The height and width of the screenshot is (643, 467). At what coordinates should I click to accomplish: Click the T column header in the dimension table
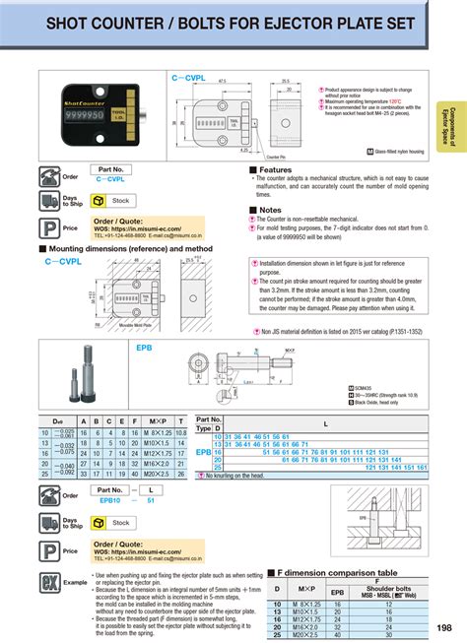click(x=182, y=421)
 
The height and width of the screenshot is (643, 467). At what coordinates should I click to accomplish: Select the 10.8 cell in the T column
click(x=182, y=432)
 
